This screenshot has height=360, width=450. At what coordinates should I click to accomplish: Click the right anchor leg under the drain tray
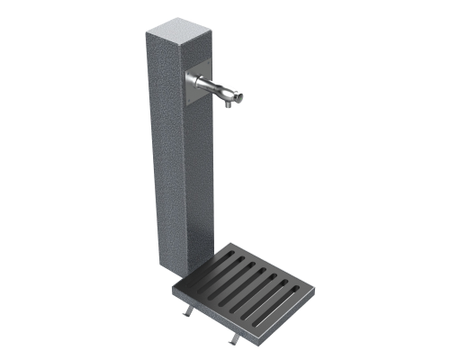pyautogui.click(x=237, y=337)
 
